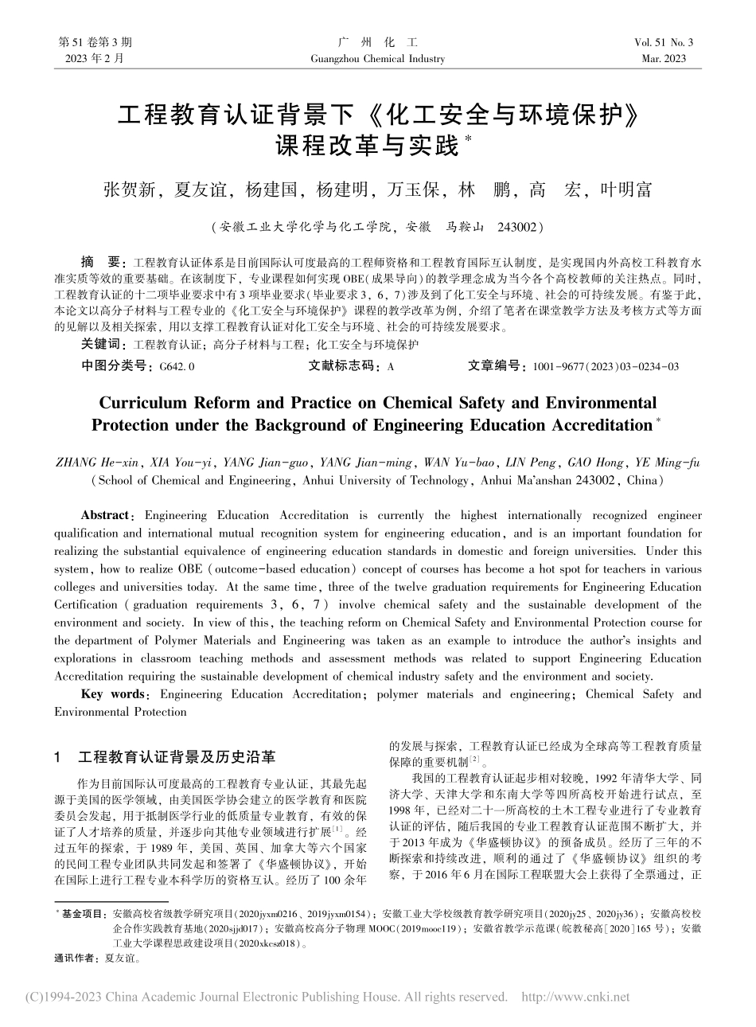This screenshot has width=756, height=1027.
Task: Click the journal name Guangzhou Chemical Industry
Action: click(380, 59)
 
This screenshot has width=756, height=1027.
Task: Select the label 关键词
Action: click(103, 345)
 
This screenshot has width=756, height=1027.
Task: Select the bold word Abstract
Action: click(105, 516)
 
